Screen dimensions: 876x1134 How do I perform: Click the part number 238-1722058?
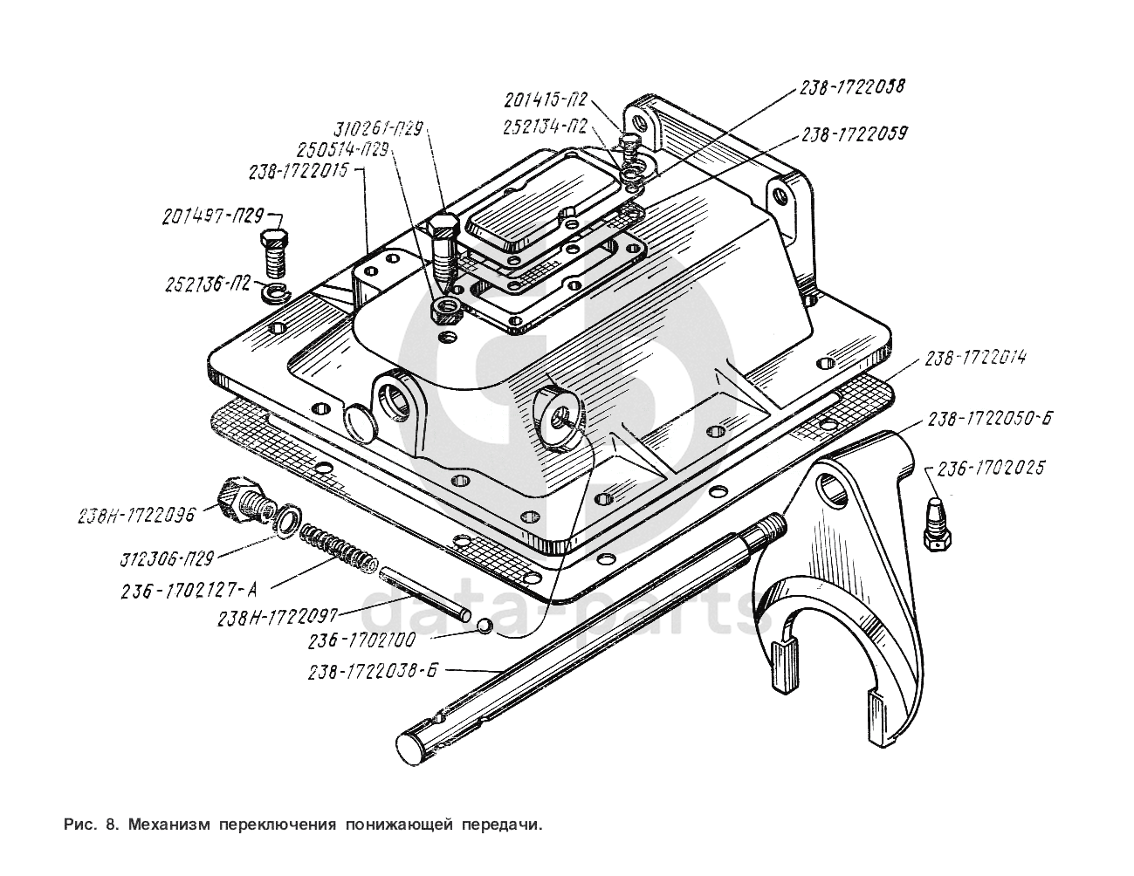click(x=850, y=87)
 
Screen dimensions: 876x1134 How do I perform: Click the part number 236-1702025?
click(x=989, y=469)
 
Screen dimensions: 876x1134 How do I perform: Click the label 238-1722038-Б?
click(x=371, y=672)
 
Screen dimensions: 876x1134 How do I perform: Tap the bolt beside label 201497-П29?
click(x=276, y=250)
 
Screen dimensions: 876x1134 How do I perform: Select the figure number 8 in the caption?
click(x=109, y=824)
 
